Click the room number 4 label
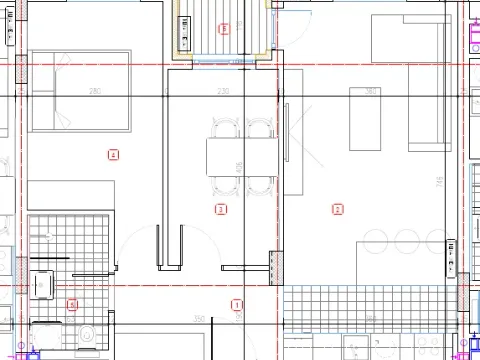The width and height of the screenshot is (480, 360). pos(113,154)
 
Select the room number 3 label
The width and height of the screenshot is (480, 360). pos(221,209)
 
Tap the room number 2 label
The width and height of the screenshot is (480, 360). pos(337,209)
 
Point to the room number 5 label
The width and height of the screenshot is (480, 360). pos(72,304)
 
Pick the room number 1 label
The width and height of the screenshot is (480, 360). pos(236,304)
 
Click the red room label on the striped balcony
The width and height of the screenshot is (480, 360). pos(223,29)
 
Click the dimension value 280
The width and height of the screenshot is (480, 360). pos(95,92)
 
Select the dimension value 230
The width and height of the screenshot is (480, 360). pos(223,92)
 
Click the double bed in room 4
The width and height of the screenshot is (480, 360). pos(81,91)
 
